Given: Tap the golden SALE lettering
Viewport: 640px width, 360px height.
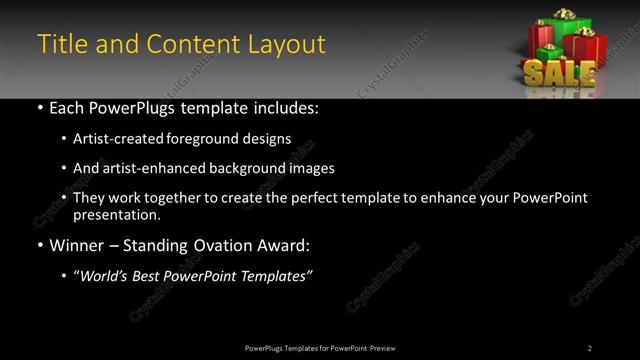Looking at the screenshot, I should click(560, 73).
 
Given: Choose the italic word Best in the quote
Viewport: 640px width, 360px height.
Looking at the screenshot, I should click(154, 275).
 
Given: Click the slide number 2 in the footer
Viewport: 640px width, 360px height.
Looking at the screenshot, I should click(590, 347).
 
